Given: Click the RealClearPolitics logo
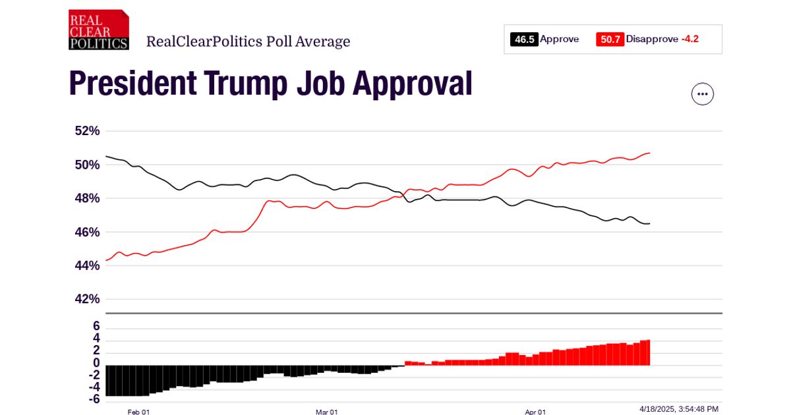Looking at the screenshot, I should click(98, 30).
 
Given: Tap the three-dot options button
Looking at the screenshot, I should click(703, 94).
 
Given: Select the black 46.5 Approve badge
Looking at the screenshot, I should click(524, 40).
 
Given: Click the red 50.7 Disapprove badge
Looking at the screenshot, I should click(610, 40).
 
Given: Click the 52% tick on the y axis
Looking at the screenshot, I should click(87, 131).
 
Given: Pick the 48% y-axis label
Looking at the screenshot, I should click(87, 198).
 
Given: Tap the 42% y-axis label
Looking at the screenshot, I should click(87, 299).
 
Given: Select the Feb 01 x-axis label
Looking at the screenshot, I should click(138, 412).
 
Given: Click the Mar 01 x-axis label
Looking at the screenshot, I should click(326, 412).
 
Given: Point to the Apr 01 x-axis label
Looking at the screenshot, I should click(535, 412).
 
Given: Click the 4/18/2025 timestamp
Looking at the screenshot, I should click(679, 409).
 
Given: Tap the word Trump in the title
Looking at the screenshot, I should click(242, 84).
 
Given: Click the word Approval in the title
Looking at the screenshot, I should click(412, 84).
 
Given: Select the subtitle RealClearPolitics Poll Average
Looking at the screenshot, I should click(248, 42).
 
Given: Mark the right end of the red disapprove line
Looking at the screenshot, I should click(649, 153).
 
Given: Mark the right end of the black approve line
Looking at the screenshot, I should click(649, 223).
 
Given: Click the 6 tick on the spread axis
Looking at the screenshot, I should click(96, 327).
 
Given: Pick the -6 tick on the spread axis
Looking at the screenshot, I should click(94, 399).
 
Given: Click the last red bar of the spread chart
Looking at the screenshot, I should click(647, 352).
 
